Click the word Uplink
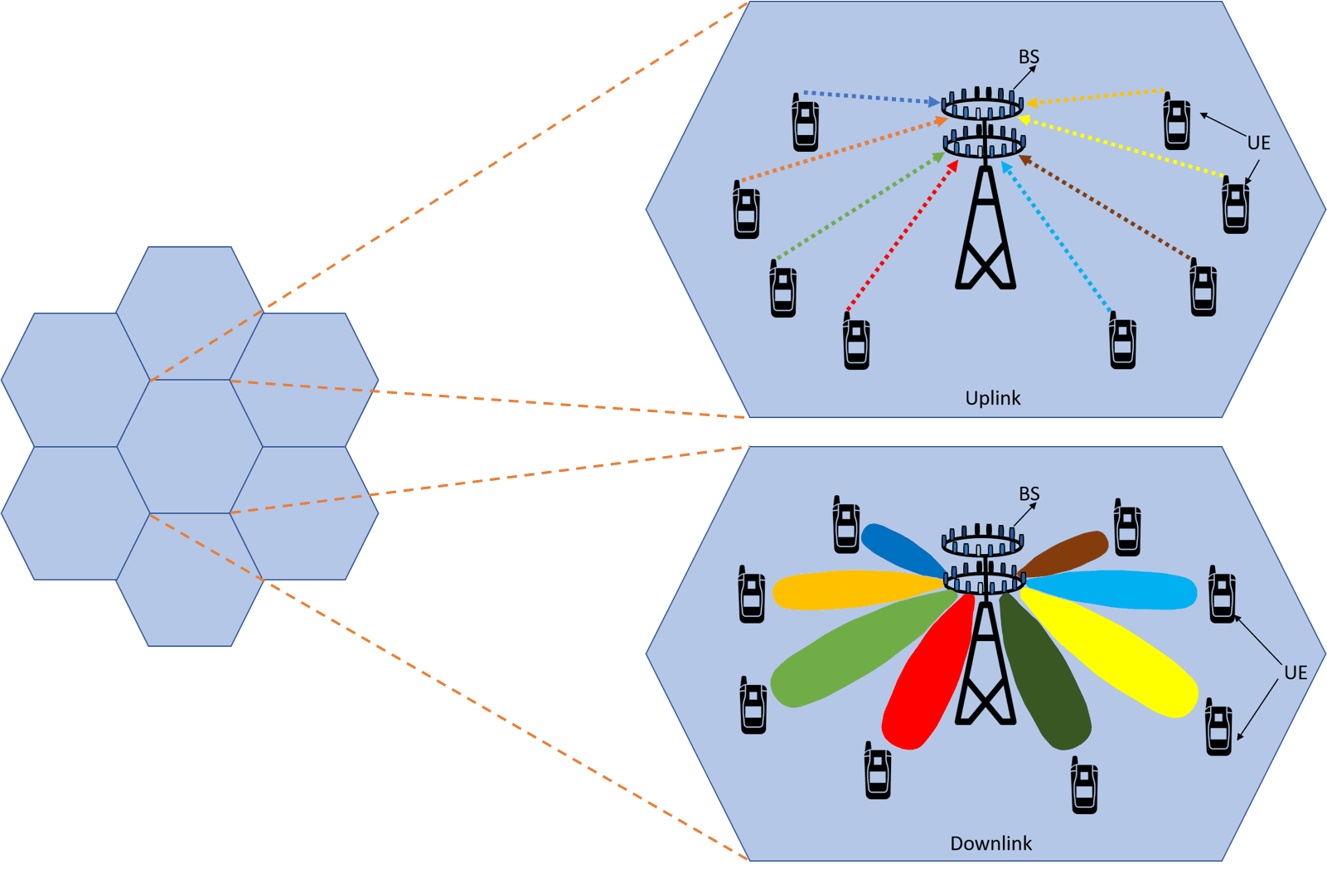992,398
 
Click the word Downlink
990,843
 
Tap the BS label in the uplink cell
1028,57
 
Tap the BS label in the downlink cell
1029,494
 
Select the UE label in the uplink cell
1258,143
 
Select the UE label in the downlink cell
1295,672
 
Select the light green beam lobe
854,651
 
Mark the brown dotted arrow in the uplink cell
1107,206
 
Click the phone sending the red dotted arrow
856,342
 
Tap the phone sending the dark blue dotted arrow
805,123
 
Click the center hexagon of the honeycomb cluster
190,446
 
